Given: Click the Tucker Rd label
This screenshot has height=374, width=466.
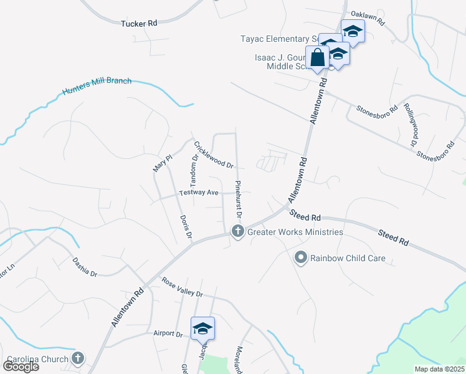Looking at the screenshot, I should click(139, 23).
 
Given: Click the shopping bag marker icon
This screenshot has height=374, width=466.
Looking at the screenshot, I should click(317, 57).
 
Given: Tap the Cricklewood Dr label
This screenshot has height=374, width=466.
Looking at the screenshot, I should click(214, 156).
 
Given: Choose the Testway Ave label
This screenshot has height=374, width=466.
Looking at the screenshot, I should click(198, 193).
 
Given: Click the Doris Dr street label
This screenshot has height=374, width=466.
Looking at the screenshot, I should click(185, 227).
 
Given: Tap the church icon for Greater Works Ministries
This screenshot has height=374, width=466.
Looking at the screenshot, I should click(237, 231).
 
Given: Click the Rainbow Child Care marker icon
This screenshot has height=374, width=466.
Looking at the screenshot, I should click(301, 257).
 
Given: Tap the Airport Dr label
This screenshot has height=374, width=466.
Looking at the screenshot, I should click(168, 334).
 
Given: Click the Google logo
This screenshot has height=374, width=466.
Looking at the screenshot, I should click(21, 366).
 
